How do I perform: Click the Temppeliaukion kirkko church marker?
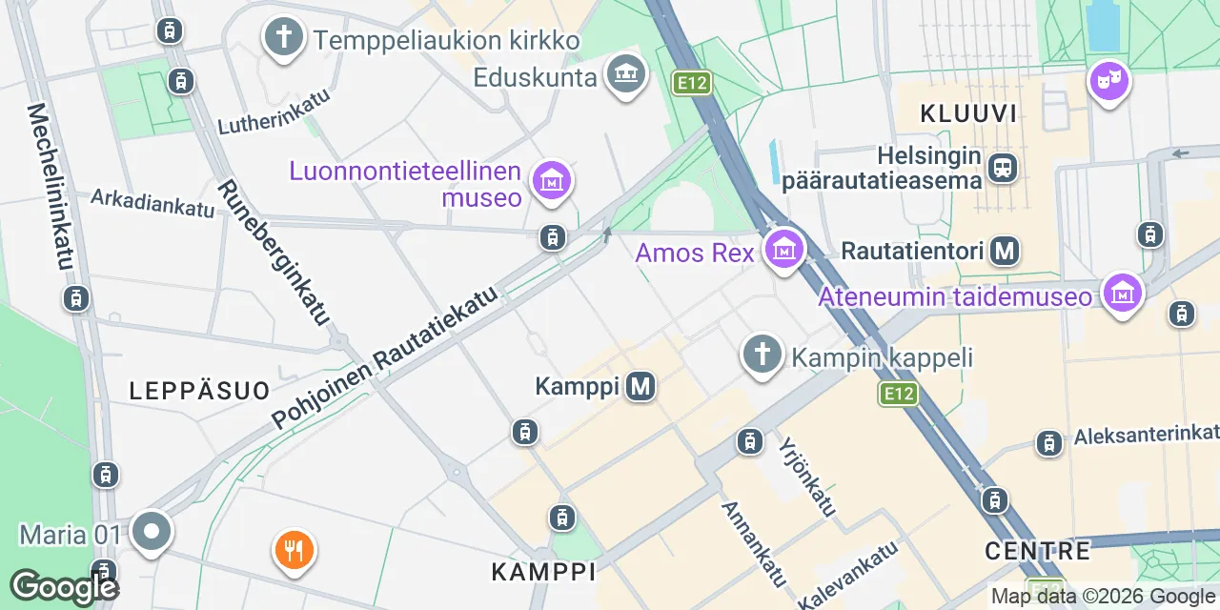pyautogui.click(x=283, y=38)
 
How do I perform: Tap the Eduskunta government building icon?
pyautogui.click(x=626, y=73)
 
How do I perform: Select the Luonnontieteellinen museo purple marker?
pyautogui.click(x=552, y=179)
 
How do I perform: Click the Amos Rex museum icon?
pyautogui.click(x=784, y=250)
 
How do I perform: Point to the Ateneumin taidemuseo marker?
pyautogui.click(x=1123, y=294)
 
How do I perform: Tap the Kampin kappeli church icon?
pyautogui.click(x=762, y=355)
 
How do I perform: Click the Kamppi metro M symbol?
pyautogui.click(x=640, y=386)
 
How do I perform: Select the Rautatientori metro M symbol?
pyautogui.click(x=1005, y=251)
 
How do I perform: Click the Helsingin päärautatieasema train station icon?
pyautogui.click(x=1003, y=169)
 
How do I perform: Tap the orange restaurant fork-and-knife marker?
pyautogui.click(x=295, y=550)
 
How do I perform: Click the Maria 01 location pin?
pyautogui.click(x=151, y=531)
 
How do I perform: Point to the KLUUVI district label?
pyautogui.click(x=968, y=114)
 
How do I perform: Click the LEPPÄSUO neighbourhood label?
pyautogui.click(x=199, y=389)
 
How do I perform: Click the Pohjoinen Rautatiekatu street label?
pyautogui.click(x=386, y=357)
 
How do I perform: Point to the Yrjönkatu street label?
pyautogui.click(x=807, y=477)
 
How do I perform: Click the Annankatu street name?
pyautogui.click(x=754, y=543)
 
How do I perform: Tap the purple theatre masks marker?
pyautogui.click(x=1109, y=82)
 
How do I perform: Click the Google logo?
pyautogui.click(x=64, y=586)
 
